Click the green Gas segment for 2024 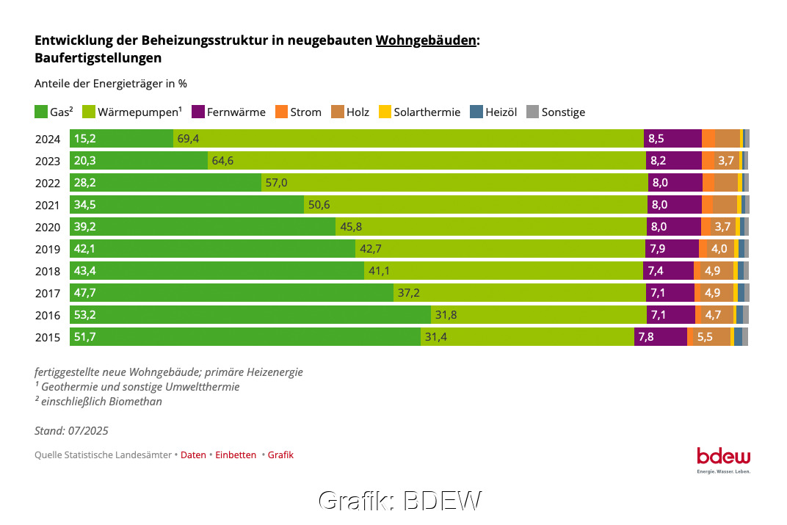pos(122,138)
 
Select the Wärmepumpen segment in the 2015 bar pos(527,337)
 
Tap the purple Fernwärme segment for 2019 pos(671,248)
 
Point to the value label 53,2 pos(85,315)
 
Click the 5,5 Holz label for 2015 pos(705,337)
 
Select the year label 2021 pos(48,205)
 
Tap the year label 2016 pos(48,315)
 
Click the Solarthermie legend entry pos(427,112)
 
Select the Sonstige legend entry pos(563,112)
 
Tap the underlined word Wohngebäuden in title pos(426,41)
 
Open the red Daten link pos(193,455)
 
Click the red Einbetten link pos(236,455)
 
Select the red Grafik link pos(280,455)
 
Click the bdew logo pos(723,457)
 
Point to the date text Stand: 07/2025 pos(71,431)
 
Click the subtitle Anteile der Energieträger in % pos(110,84)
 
